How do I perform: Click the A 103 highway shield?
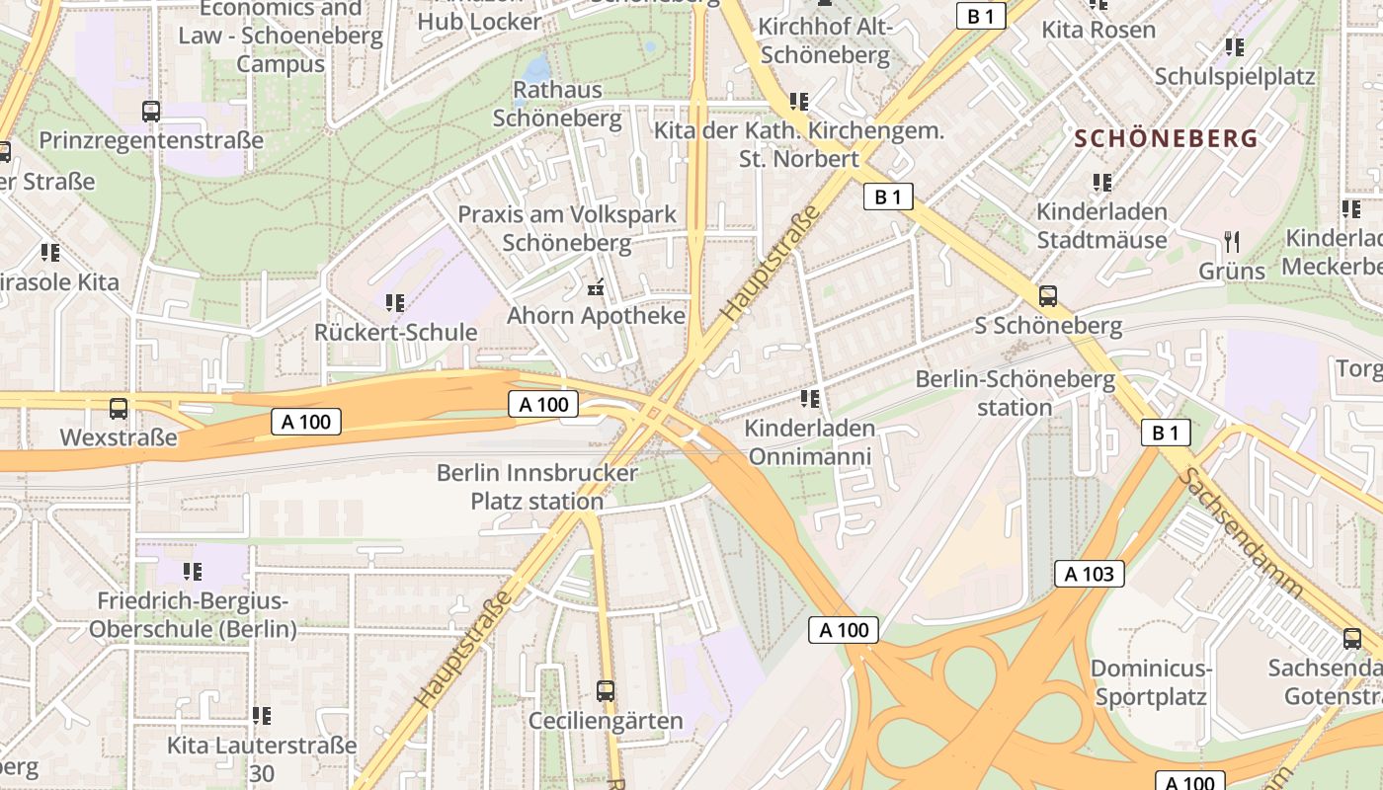[1090, 574]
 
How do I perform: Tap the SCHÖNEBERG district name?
[1167, 138]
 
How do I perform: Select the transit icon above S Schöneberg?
[1047, 295]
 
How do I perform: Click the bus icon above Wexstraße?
[119, 408]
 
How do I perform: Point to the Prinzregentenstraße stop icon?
[151, 112]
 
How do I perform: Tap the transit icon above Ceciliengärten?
[606, 691]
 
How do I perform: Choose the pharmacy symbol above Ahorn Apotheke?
[596, 288]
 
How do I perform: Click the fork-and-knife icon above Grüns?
[1232, 242]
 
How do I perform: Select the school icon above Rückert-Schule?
[395, 303]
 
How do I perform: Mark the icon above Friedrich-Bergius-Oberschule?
[193, 571]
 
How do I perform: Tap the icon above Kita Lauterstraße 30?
[262, 715]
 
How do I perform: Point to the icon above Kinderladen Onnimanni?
[810, 399]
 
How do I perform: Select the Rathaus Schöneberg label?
[557, 104]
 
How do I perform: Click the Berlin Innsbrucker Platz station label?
[537, 487]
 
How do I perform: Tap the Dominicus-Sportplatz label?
[1151, 682]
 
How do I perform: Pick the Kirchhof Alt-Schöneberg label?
[826, 40]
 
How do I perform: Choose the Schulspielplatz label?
[1235, 76]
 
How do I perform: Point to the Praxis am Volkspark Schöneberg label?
[567, 228]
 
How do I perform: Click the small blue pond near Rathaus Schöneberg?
[536, 67]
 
